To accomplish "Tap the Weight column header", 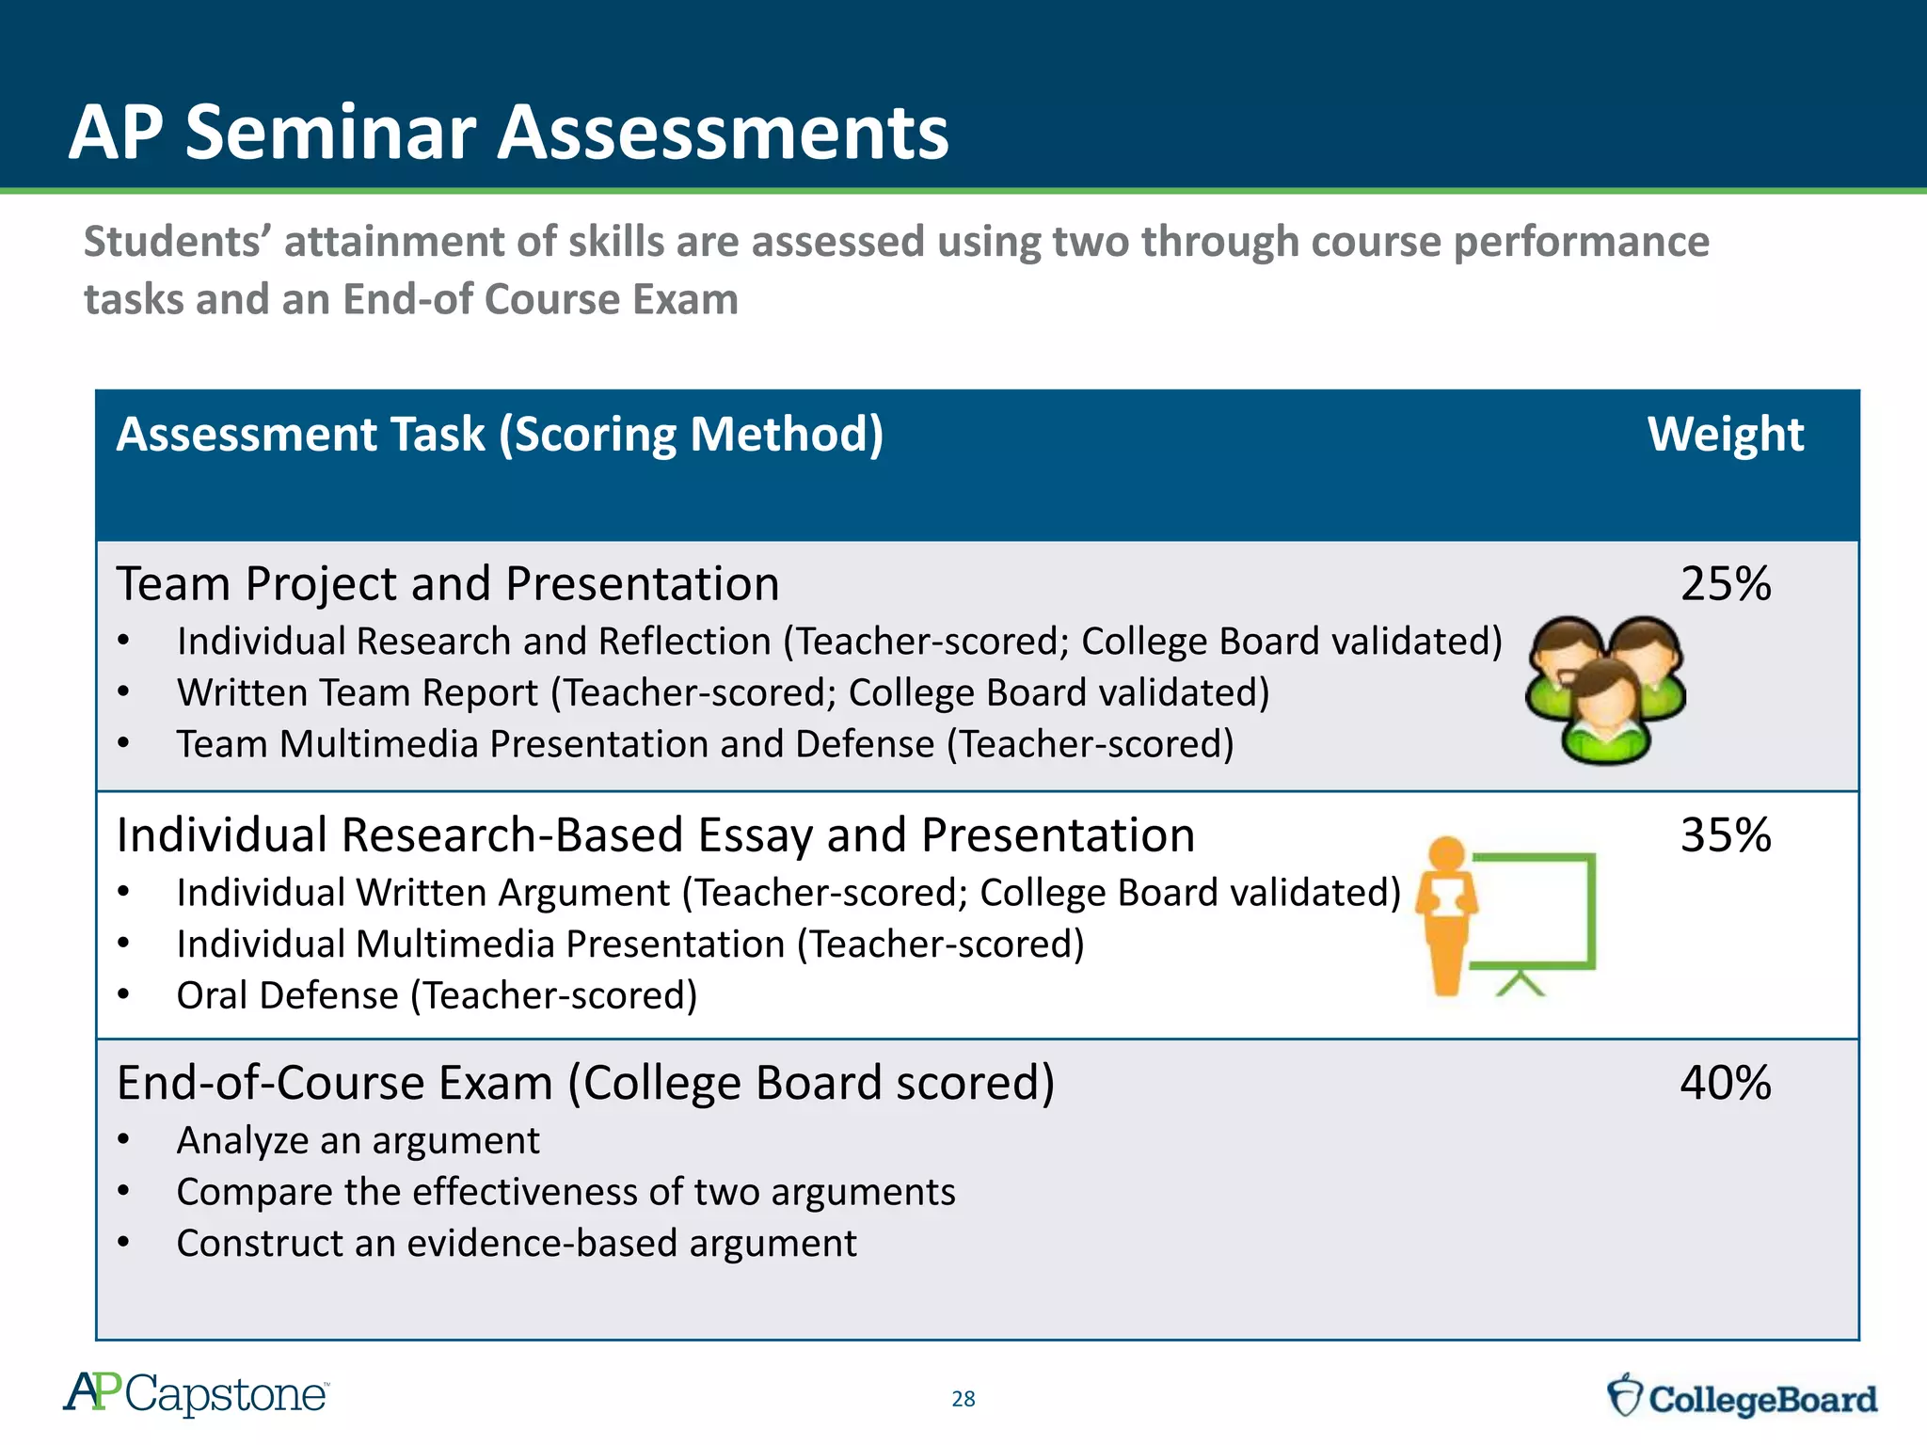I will pyautogui.click(x=1725, y=435).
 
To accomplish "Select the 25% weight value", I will pyautogui.click(x=1725, y=583).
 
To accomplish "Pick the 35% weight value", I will pyautogui.click(x=1725, y=834).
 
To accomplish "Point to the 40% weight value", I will pyautogui.click(x=1725, y=1082).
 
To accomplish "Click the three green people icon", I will pyautogui.click(x=1605, y=690).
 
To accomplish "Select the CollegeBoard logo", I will pyautogui.click(x=1742, y=1397).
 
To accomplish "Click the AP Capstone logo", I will pyautogui.click(x=196, y=1394).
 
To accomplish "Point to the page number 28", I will pyautogui.click(x=963, y=1399).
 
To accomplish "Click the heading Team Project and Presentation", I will pyautogui.click(x=448, y=583).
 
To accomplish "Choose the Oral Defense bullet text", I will pyautogui.click(x=437, y=995).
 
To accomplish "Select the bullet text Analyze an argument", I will pyautogui.click(x=358, y=1140).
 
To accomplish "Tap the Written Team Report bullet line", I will pyautogui.click(x=723, y=692).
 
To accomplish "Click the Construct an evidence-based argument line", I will pyautogui.click(x=517, y=1243).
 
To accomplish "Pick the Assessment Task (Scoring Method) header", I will pyautogui.click(x=500, y=435).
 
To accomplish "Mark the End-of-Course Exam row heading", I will pyautogui.click(x=585, y=1082).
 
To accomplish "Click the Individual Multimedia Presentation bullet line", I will pyautogui.click(x=630, y=944).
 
